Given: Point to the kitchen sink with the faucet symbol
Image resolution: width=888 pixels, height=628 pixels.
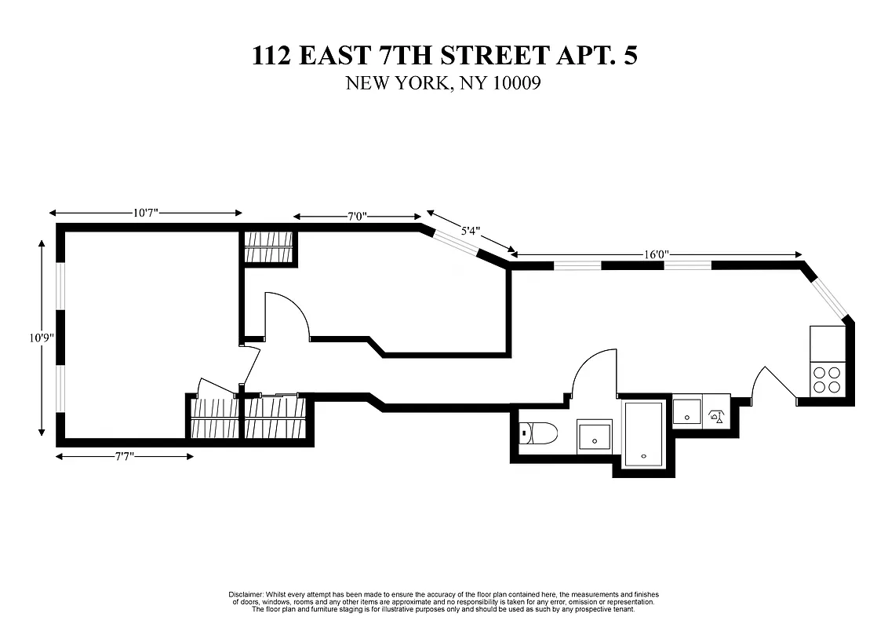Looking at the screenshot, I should pyautogui.click(x=715, y=415).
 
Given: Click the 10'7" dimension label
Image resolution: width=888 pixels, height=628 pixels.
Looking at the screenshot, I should pyautogui.click(x=146, y=213).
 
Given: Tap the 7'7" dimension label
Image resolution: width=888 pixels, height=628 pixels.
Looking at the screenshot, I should pyautogui.click(x=124, y=456).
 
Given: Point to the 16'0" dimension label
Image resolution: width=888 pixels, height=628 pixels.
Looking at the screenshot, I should pyautogui.click(x=656, y=254).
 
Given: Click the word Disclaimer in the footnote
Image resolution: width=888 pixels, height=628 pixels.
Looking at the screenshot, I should pyautogui.click(x=247, y=594).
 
